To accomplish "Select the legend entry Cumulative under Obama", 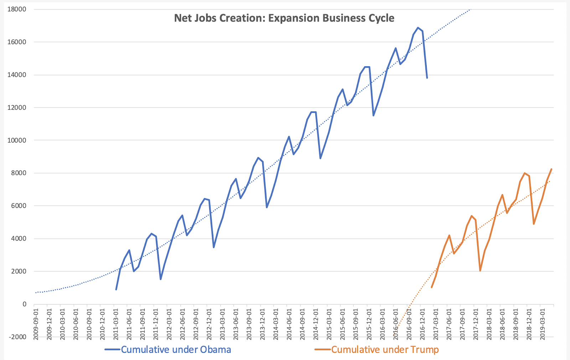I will coord(176,350).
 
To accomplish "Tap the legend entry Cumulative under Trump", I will coord(385,350).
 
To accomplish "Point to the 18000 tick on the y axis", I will coord(17,9).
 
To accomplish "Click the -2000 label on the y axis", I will coord(17,337).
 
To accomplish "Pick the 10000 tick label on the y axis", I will coord(17,140).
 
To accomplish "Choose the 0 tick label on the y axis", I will coord(24,304).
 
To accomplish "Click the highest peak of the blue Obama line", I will coord(418,28).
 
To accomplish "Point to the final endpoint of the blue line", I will coord(427,78).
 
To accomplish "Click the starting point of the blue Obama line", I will coord(116,289).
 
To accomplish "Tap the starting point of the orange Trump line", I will coord(431,287).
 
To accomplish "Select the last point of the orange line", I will coord(551,169).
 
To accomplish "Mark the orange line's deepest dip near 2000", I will coord(480,271).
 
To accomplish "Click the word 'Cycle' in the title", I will coord(382,18).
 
